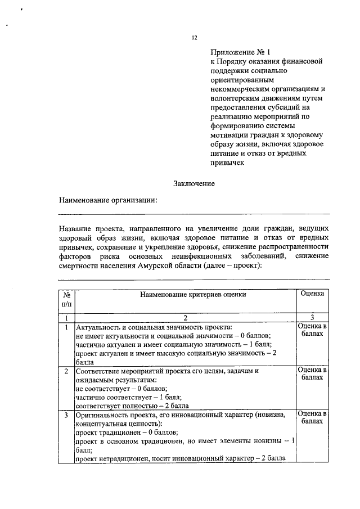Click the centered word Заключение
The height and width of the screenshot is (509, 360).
[x=194, y=183]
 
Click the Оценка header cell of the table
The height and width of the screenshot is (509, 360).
[x=312, y=294]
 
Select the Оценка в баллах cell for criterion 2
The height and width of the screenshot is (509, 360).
[x=312, y=374]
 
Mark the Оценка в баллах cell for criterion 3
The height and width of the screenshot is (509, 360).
[x=312, y=417]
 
